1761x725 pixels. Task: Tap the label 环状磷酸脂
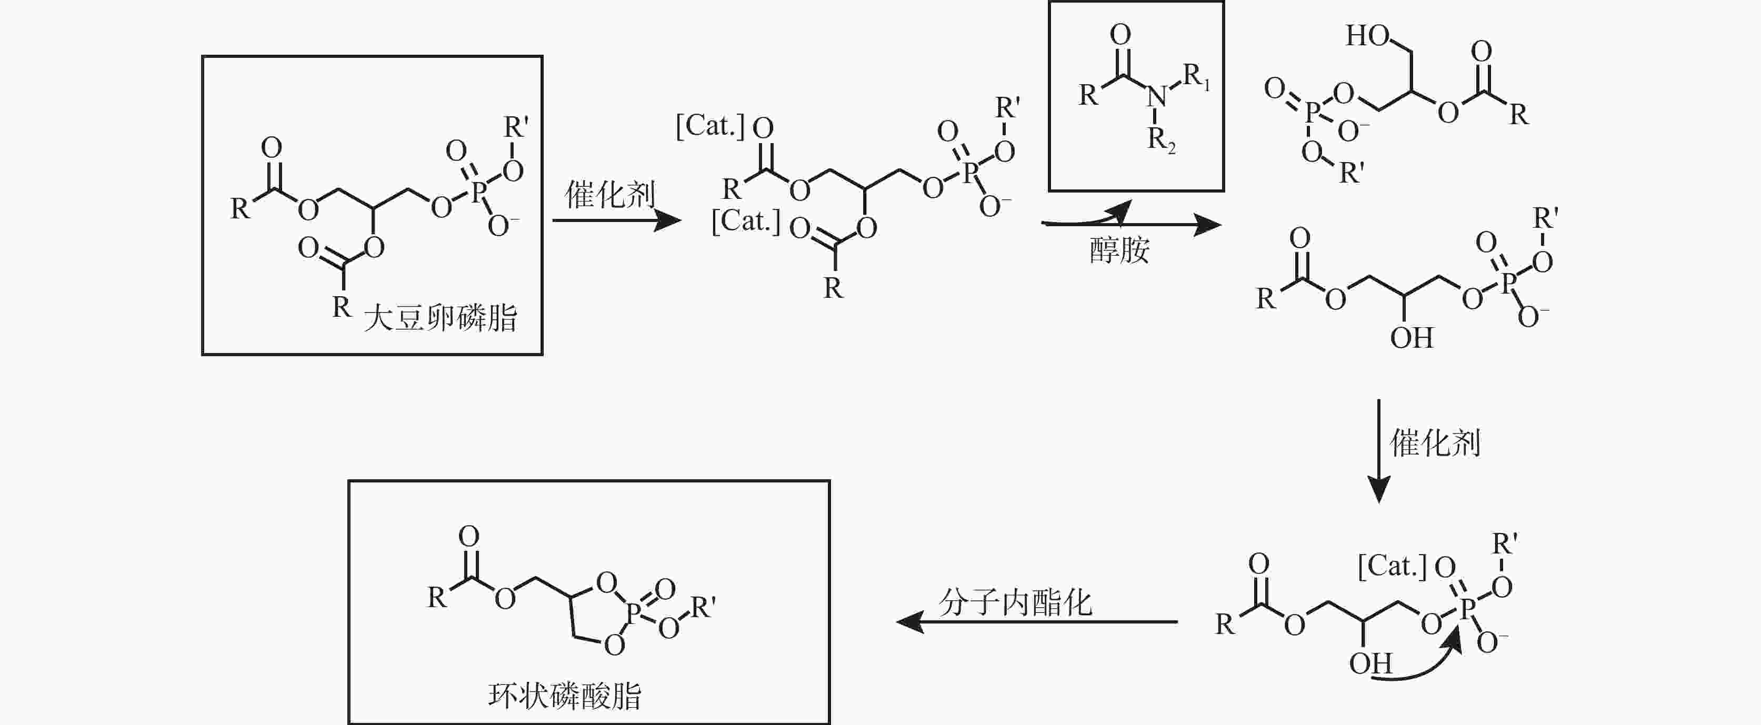[x=565, y=696]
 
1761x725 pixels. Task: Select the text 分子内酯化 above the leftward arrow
[x=1015, y=603]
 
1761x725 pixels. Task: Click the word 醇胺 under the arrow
[x=1120, y=250]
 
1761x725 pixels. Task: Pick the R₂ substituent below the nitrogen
[x=1162, y=141]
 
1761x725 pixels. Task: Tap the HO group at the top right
[x=1367, y=36]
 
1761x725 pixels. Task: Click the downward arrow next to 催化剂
[x=1378, y=451]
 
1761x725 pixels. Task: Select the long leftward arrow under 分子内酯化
[x=1037, y=622]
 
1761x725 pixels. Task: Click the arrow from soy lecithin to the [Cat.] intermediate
[x=617, y=220]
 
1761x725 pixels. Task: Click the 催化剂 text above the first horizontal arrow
[x=610, y=195]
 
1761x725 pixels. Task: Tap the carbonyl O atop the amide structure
[x=1120, y=34]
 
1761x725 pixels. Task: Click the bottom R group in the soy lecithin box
[x=342, y=307]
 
